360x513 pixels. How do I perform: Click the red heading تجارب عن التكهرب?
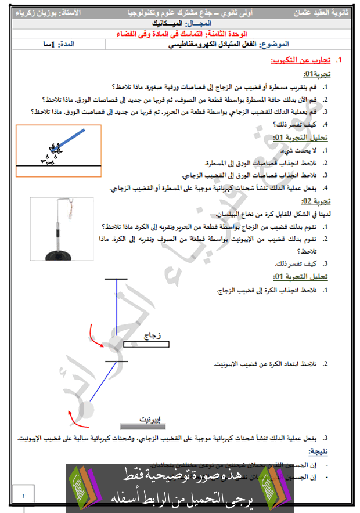pos(300,60)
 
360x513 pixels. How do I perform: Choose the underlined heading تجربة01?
pos(317,75)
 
